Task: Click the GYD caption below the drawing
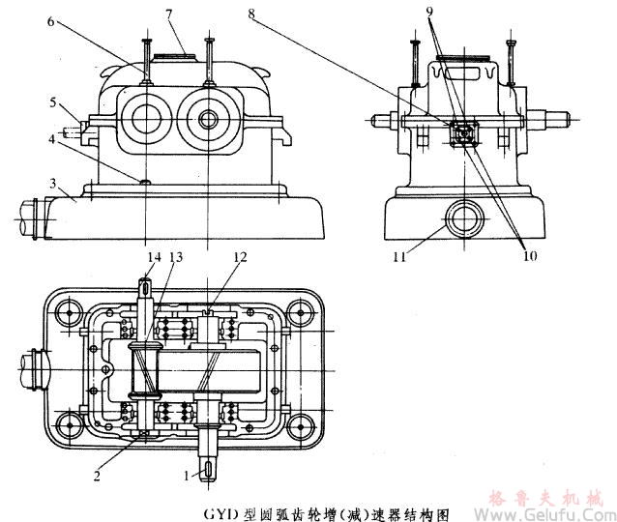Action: pos(308,511)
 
